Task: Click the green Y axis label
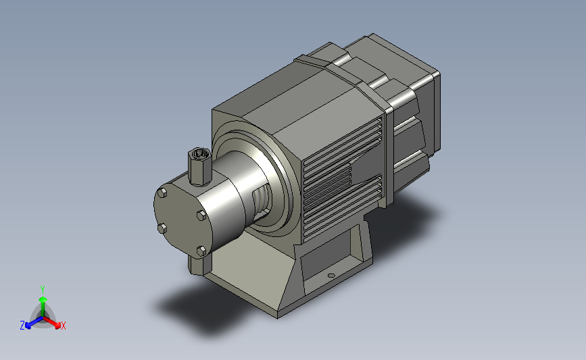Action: coord(43,290)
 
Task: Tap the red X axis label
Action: coord(63,326)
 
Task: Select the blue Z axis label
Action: coord(22,326)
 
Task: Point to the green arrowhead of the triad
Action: coord(43,299)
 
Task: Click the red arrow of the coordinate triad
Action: coord(51,322)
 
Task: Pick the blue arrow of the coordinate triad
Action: coord(34,322)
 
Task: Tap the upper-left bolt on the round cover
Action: coord(162,192)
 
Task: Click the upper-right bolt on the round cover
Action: coord(201,215)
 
